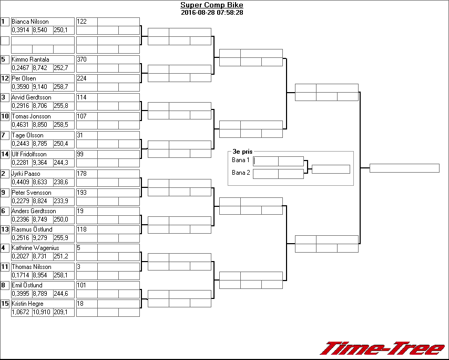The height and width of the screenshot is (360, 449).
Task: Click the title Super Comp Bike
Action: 211,5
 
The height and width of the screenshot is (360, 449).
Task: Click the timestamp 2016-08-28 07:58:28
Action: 211,12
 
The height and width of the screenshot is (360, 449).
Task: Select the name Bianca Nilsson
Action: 30,22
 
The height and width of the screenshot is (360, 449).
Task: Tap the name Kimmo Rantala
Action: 30,59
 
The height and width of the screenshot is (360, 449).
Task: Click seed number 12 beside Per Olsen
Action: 5,78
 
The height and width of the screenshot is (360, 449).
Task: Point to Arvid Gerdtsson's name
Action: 32,97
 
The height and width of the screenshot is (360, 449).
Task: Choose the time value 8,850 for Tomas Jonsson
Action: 42,125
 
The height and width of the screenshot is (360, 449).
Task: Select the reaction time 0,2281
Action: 21,163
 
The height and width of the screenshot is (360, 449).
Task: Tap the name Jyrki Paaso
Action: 26,174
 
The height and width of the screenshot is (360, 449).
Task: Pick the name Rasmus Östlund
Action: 31,229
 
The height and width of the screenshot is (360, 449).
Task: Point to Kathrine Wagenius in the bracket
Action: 35,248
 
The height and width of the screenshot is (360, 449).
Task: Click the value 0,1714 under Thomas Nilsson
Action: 21,275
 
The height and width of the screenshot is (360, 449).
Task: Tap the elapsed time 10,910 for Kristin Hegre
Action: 42,312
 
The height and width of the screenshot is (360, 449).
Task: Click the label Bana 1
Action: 241,160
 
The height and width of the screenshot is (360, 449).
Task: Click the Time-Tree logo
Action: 382,348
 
